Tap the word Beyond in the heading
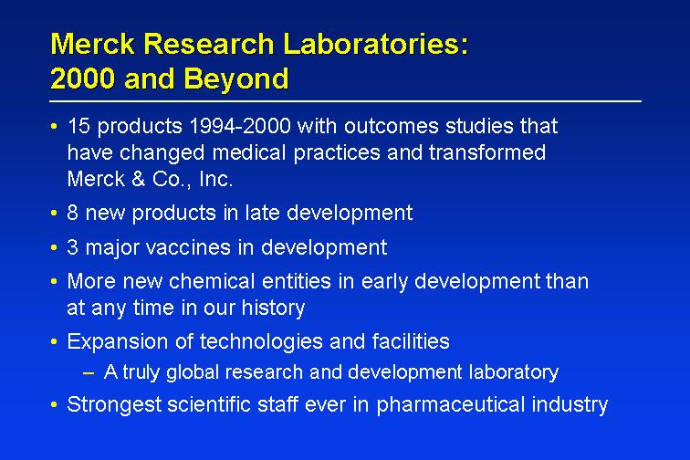236,79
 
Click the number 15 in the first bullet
78,126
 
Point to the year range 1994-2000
240,126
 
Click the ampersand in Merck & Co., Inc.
139,179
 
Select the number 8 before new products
73,213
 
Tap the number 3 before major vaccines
73,247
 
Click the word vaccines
188,247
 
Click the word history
273,308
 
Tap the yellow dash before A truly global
89,373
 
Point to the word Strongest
114,405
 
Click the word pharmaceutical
450,405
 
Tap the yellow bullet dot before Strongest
54,404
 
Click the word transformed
487,152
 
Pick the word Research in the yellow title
209,44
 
